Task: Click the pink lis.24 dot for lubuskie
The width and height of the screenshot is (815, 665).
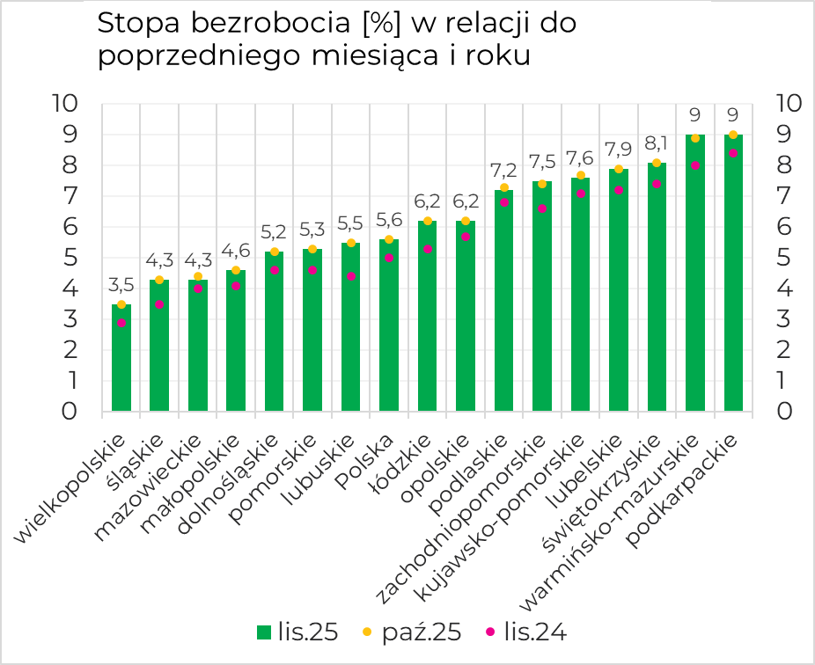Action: pos(350,276)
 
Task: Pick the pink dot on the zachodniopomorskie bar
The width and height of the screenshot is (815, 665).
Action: pos(542,208)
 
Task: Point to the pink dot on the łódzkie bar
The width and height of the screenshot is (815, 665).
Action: pos(427,249)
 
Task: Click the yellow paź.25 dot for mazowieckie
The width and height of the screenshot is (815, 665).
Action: pos(198,276)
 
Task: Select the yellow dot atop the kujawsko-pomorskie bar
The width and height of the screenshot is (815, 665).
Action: pos(580,175)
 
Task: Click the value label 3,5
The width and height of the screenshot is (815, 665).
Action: pos(121,285)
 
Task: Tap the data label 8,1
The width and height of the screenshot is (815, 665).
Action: pos(657,142)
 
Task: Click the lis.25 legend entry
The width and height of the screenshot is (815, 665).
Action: pos(297,632)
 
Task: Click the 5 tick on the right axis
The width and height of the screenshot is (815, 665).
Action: pos(787,258)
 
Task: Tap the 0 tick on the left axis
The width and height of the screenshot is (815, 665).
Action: pos(70,412)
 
